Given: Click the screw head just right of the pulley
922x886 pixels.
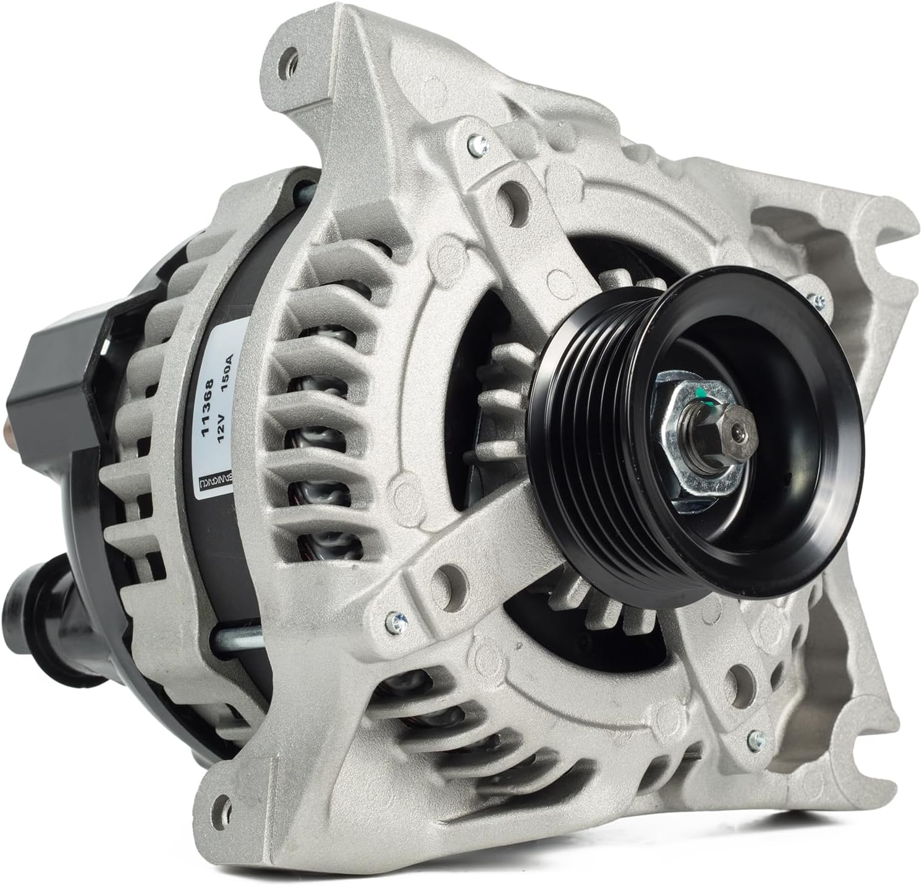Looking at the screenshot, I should tap(819, 301).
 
